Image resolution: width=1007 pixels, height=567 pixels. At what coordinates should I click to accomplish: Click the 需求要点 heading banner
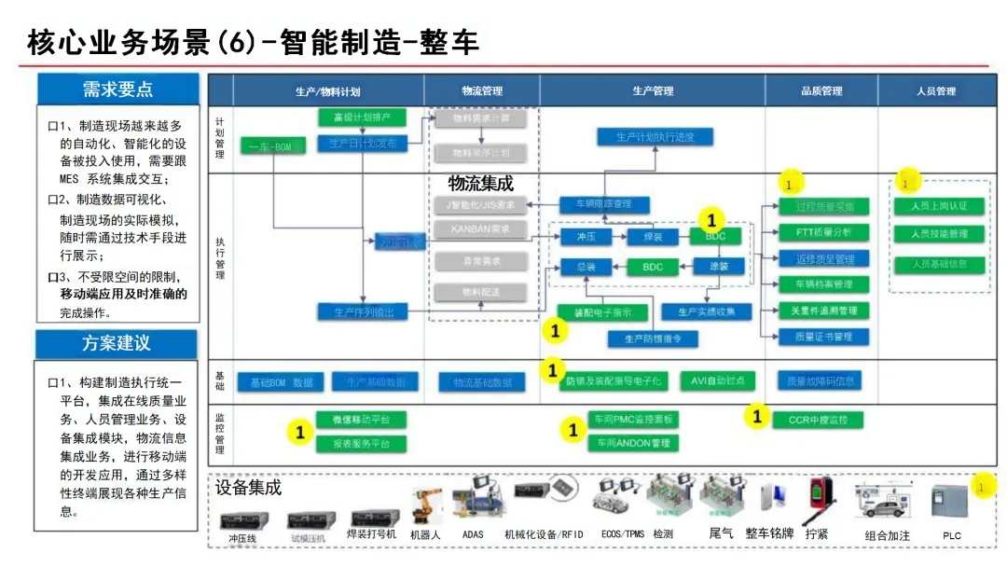point(117,90)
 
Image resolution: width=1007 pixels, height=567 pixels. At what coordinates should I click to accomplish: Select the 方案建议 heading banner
point(116,343)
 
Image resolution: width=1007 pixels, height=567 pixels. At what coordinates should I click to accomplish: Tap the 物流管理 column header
point(481,91)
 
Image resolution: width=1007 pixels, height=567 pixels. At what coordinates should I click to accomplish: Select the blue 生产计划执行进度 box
point(655,137)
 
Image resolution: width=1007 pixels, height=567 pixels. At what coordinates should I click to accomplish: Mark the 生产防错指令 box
point(653,339)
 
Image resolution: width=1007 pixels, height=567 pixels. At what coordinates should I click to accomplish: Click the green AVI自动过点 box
point(718,380)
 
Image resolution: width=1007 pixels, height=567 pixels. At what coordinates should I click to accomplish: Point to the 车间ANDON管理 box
point(634,443)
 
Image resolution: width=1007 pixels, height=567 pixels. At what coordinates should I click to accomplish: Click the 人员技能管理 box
point(938,234)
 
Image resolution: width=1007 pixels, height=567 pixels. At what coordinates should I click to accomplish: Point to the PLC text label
point(952,536)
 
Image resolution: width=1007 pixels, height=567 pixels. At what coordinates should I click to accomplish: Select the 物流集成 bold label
point(481,184)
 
